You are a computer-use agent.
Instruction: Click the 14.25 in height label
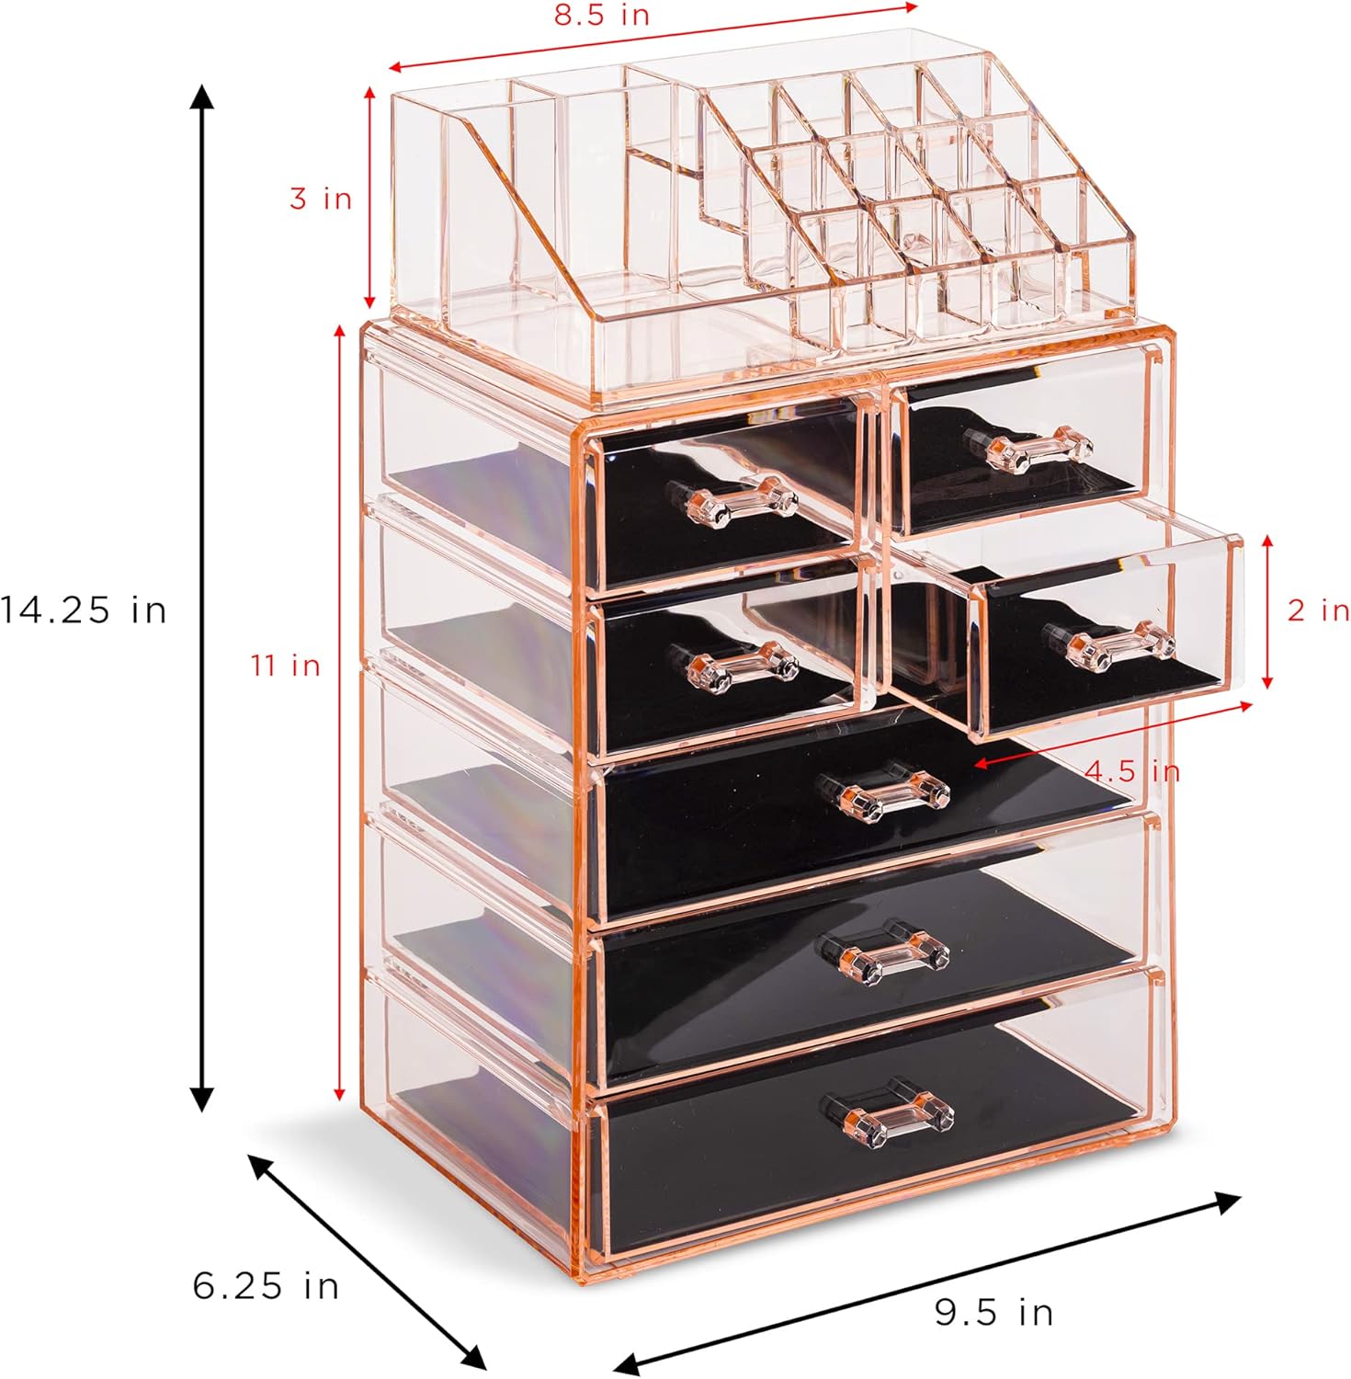click(x=84, y=610)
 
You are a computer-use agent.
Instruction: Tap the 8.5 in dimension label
click(x=602, y=15)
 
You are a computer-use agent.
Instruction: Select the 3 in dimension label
click(x=321, y=198)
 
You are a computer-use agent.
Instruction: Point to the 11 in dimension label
click(x=286, y=664)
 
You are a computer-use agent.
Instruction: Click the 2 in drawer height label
click(x=1318, y=610)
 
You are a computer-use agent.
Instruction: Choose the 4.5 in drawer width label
click(x=1131, y=769)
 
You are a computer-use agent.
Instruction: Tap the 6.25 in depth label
click(x=266, y=1284)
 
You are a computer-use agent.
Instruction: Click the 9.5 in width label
click(x=993, y=1312)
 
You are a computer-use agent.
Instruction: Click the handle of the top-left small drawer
click(x=732, y=503)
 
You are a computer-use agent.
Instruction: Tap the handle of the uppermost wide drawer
click(x=882, y=791)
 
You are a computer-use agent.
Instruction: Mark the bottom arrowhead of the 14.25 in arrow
click(x=201, y=1100)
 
